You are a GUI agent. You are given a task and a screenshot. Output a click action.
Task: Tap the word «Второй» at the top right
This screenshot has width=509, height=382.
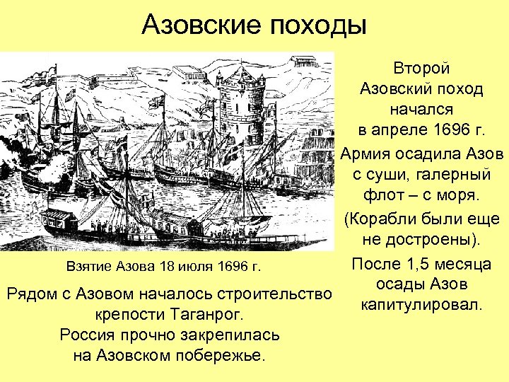(x=421, y=69)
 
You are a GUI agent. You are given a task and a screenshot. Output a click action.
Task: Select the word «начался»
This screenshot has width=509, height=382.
(x=421, y=111)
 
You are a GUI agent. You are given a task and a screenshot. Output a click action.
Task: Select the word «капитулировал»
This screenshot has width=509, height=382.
(x=421, y=306)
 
